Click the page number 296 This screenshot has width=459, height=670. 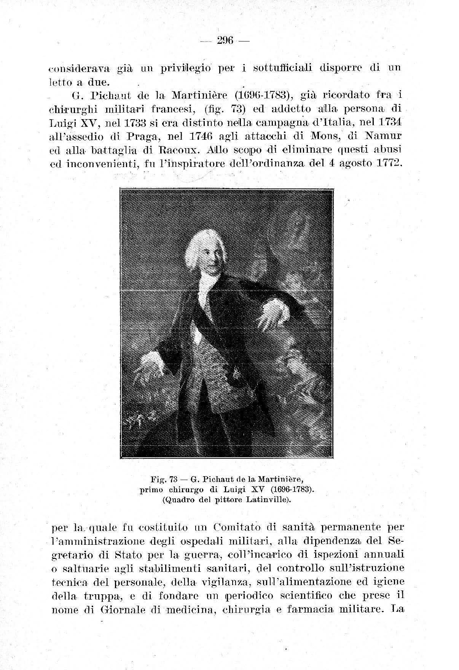click(x=225, y=39)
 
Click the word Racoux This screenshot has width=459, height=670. click(x=179, y=149)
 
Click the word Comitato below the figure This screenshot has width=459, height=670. click(x=234, y=528)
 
